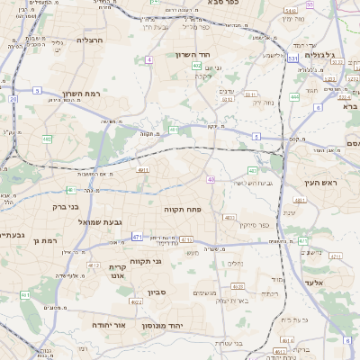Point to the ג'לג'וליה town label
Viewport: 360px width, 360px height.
click(320, 55)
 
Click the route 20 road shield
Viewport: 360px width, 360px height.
click(13, 100)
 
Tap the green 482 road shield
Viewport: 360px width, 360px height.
click(47, 139)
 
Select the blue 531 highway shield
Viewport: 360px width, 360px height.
click(292, 58)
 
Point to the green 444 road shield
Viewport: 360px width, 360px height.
click(295, 97)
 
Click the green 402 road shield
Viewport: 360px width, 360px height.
click(197, 66)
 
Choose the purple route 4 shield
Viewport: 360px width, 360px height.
click(148, 59)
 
